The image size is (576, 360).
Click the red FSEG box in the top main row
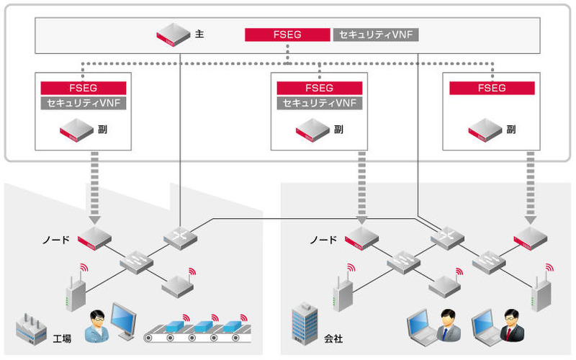(287, 35)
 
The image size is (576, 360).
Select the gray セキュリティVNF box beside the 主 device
(374, 35)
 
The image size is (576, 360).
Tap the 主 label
(199, 34)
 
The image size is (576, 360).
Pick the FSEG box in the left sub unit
(84, 88)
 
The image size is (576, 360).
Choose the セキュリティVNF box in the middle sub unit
(320, 103)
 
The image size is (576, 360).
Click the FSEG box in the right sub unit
(492, 88)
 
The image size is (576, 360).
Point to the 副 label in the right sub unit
(510, 130)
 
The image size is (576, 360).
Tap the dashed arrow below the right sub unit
(531, 186)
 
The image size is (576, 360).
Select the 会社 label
(333, 337)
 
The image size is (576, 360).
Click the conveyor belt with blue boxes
(195, 330)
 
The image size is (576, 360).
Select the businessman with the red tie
(511, 325)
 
